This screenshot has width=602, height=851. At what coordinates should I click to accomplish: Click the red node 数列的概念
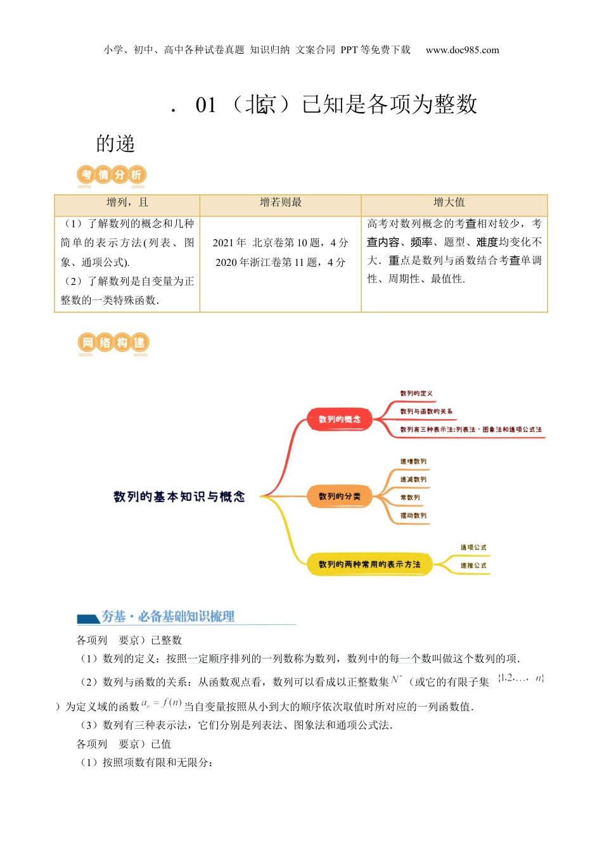[x=339, y=419]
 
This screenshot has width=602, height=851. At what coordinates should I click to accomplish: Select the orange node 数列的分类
[x=339, y=496]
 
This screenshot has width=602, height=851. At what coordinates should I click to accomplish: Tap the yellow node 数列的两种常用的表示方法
[x=369, y=564]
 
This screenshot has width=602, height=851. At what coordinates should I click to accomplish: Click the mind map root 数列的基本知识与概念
[x=179, y=497]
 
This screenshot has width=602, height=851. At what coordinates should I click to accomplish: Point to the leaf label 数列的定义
[x=416, y=393]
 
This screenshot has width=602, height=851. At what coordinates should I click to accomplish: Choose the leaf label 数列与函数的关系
[x=426, y=412]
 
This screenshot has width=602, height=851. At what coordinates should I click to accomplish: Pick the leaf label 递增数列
[x=413, y=462]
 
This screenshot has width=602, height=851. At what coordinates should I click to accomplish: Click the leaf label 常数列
[x=410, y=498]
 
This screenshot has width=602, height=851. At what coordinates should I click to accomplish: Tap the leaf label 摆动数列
[x=413, y=515]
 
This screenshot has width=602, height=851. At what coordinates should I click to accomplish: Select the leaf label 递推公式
[x=473, y=565]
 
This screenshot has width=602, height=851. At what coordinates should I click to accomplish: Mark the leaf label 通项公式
[x=473, y=547]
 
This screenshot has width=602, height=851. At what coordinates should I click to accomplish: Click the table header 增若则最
[x=281, y=203]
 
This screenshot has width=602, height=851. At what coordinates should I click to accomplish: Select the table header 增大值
[x=449, y=203]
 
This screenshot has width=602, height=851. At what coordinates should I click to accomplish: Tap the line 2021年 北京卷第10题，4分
[x=281, y=243]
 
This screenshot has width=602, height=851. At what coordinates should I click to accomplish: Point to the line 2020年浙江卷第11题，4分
[x=281, y=262]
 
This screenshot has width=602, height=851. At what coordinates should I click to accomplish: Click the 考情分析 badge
[x=112, y=175]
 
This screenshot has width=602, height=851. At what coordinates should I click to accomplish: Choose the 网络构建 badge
[x=113, y=343]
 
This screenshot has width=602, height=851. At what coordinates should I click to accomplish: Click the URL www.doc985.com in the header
[x=462, y=50]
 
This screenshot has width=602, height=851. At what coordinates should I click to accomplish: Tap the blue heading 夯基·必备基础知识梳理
[x=168, y=616]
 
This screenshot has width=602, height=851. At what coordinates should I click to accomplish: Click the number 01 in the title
[x=206, y=105]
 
